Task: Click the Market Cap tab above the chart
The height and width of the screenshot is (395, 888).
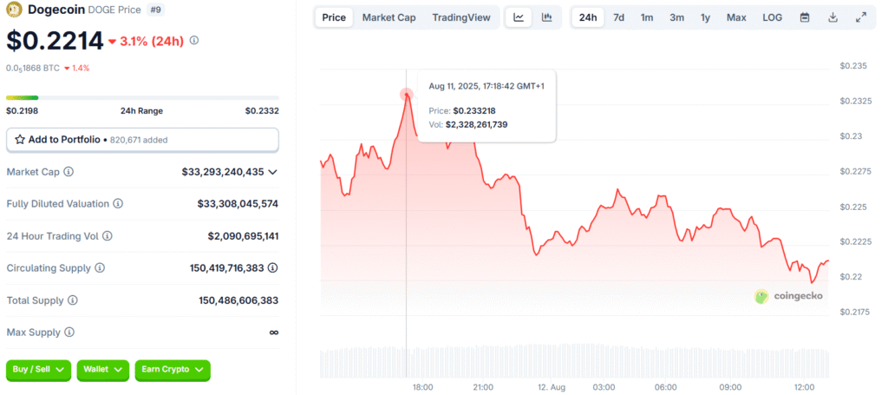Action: click(x=388, y=17)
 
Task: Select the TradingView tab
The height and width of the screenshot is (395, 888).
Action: click(x=460, y=17)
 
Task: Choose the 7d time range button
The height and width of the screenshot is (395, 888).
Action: click(x=618, y=17)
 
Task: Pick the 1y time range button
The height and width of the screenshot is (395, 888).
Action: click(x=705, y=17)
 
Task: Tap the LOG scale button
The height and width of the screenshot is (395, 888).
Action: click(x=772, y=17)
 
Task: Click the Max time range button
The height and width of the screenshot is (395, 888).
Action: click(x=736, y=17)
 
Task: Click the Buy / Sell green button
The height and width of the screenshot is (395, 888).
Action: click(x=38, y=370)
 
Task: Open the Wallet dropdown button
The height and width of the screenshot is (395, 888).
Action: click(x=102, y=370)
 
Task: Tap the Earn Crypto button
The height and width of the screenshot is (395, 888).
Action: click(x=173, y=370)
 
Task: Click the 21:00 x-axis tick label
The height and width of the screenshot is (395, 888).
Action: click(x=483, y=386)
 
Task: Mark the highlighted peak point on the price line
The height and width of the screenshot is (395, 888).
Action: click(x=407, y=94)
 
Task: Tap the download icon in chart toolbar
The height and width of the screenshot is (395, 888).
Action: click(x=832, y=17)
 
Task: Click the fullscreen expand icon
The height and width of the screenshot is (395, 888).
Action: click(x=861, y=17)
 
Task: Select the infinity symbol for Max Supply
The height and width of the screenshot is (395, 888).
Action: click(x=273, y=332)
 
